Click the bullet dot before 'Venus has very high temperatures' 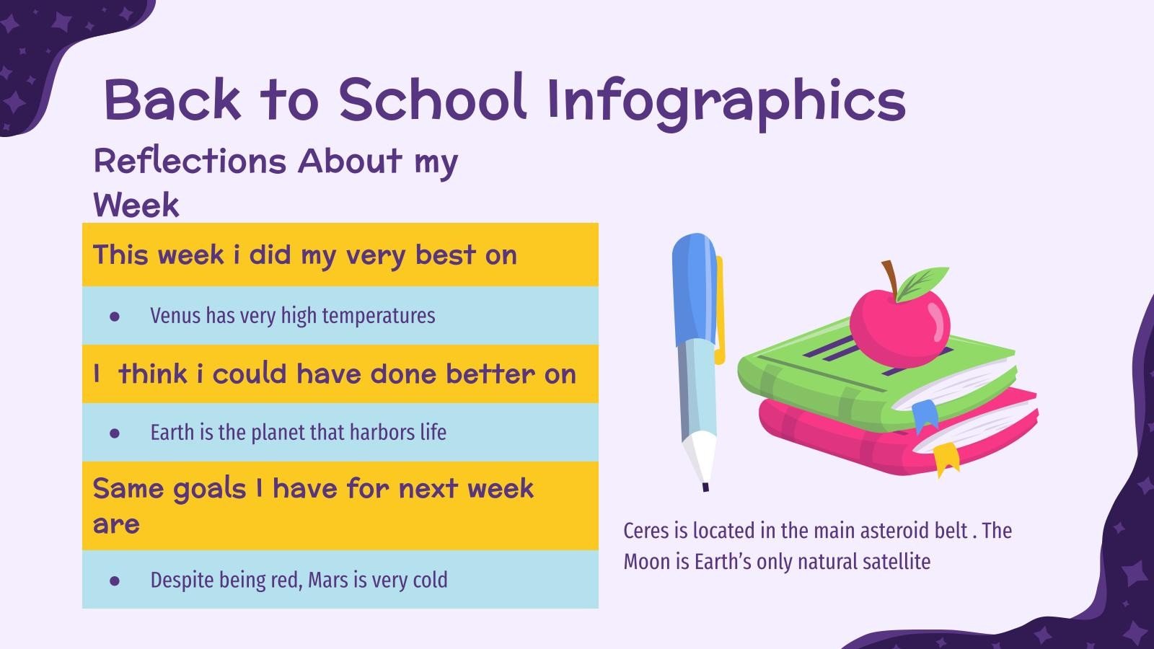pyautogui.click(x=115, y=316)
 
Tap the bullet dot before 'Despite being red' pyautogui.click(x=115, y=580)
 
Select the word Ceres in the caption pyautogui.click(x=646, y=531)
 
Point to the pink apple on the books pyautogui.click(x=899, y=322)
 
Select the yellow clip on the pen pyautogui.click(x=719, y=310)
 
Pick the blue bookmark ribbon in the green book pyautogui.click(x=925, y=416)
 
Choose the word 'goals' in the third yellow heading pyautogui.click(x=211, y=488)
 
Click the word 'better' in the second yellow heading pyautogui.click(x=490, y=374)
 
